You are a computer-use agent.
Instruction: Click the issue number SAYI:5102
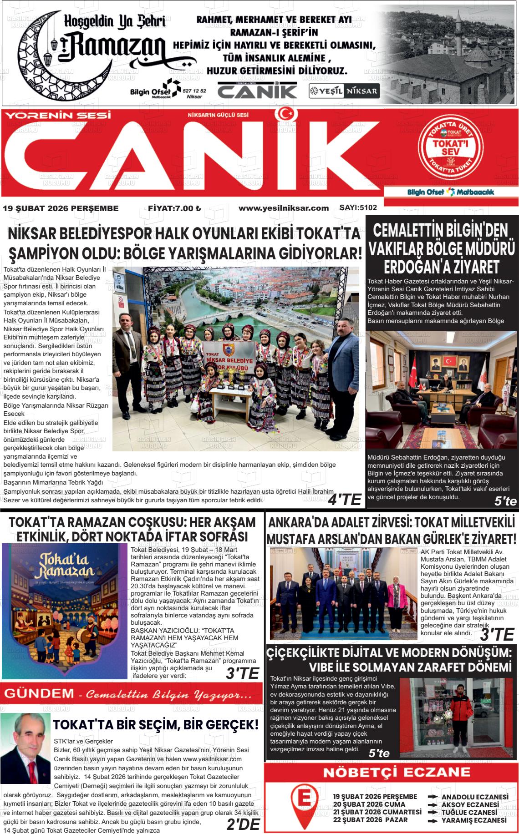click(358, 208)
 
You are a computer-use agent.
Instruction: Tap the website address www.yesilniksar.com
click(283, 208)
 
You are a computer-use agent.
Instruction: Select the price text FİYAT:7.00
click(174, 208)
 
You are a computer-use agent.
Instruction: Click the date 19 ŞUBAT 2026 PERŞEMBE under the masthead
click(61, 208)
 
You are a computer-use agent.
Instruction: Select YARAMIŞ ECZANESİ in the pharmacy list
click(473, 820)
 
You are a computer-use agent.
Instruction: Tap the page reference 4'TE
click(345, 500)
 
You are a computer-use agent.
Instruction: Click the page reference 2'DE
click(243, 824)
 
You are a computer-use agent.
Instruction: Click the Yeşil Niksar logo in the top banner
click(344, 91)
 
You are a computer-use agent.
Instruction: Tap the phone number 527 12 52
click(194, 91)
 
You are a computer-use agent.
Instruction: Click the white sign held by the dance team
click(229, 356)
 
